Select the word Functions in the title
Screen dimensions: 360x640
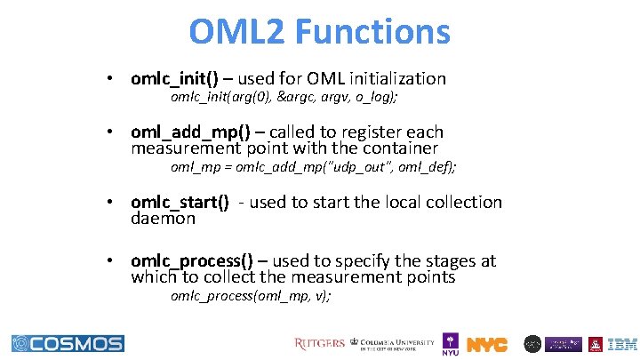click(x=372, y=33)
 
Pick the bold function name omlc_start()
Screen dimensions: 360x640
click(x=180, y=202)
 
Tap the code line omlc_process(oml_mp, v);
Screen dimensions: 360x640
click(x=251, y=295)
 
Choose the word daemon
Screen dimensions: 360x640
click(x=163, y=218)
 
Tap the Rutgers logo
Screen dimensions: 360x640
click(x=320, y=343)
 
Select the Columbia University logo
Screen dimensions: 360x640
click(x=394, y=343)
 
